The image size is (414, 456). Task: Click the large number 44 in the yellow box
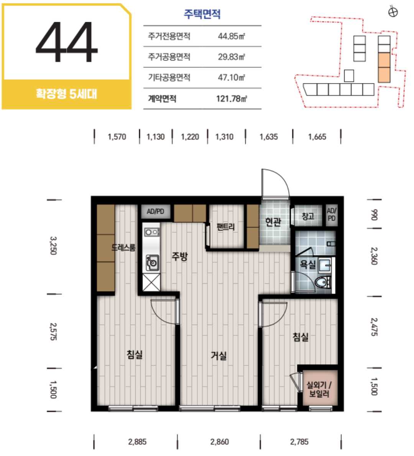coord(67,42)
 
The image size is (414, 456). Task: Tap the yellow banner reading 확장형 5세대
coord(66,94)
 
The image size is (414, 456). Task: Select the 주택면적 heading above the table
coord(202,14)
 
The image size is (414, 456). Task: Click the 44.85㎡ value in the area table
coord(232,36)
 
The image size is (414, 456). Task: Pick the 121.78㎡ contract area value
coord(232,99)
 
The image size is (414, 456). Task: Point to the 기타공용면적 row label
coord(169,77)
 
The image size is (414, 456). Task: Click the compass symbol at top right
coord(393,12)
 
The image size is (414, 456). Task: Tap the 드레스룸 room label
coord(123,247)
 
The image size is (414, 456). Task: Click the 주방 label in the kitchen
coord(180,256)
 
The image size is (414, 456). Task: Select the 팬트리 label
coord(226,227)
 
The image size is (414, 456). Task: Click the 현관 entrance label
coord(273,222)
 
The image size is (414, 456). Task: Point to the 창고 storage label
coord(308,216)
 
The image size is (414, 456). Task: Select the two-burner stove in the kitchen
coord(152,232)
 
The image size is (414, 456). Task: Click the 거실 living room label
coord(219,355)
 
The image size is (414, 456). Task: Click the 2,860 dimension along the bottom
coord(220,442)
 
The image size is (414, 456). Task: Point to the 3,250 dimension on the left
coord(53,246)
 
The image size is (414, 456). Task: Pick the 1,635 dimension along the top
coord(269,137)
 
